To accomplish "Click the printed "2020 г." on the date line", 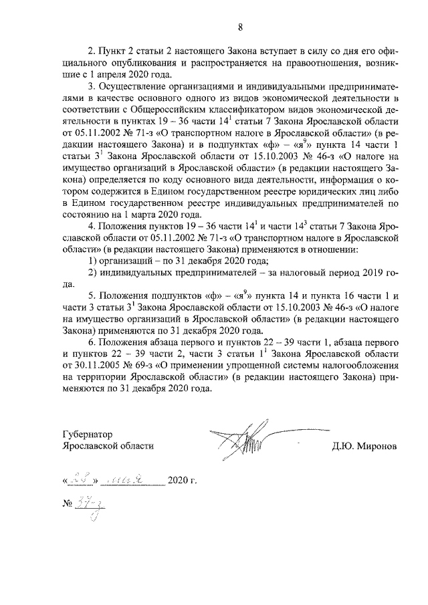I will click(183, 481).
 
